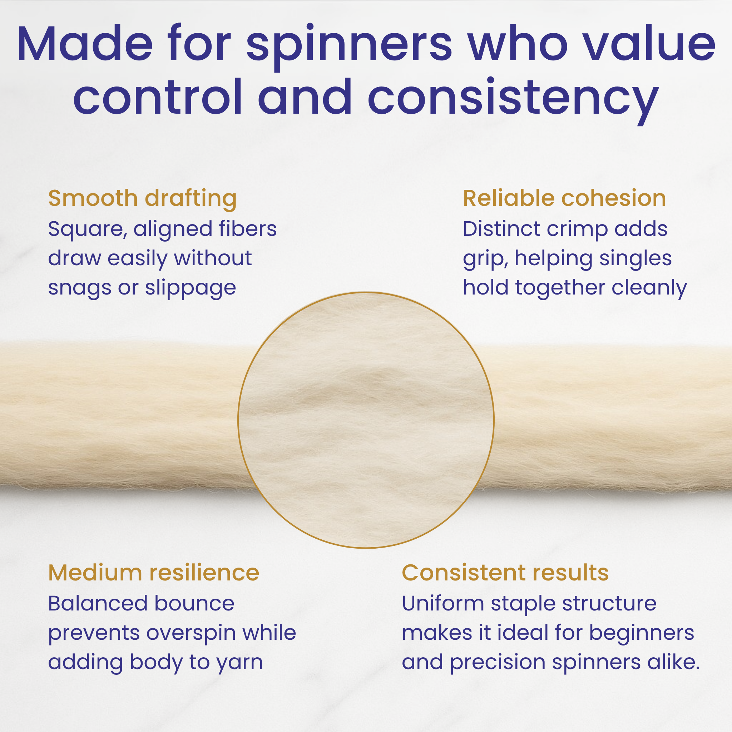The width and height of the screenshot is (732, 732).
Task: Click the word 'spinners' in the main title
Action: [x=349, y=45]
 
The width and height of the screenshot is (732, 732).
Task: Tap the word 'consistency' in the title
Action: [x=513, y=98]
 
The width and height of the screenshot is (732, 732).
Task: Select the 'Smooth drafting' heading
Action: [x=143, y=198]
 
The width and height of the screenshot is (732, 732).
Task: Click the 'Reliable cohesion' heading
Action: [x=564, y=198]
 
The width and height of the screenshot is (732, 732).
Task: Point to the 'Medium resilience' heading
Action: [x=153, y=573]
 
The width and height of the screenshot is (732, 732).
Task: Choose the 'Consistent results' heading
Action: [x=505, y=573]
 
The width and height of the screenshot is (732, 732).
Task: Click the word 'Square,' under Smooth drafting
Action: [x=88, y=229]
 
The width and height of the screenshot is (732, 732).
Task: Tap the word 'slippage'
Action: [x=191, y=288]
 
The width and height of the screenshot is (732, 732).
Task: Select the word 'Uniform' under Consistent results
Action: [x=443, y=603]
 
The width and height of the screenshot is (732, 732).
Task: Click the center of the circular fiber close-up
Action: [x=366, y=420]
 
